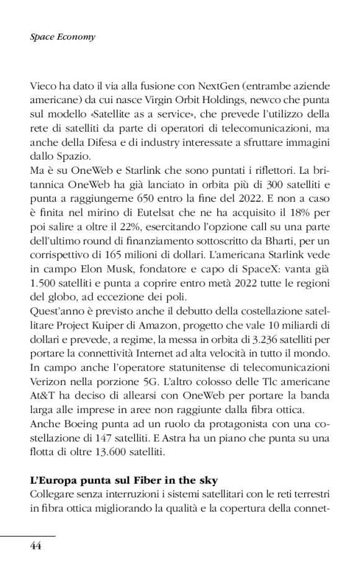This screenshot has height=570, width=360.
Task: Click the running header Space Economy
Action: coord(62,37)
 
